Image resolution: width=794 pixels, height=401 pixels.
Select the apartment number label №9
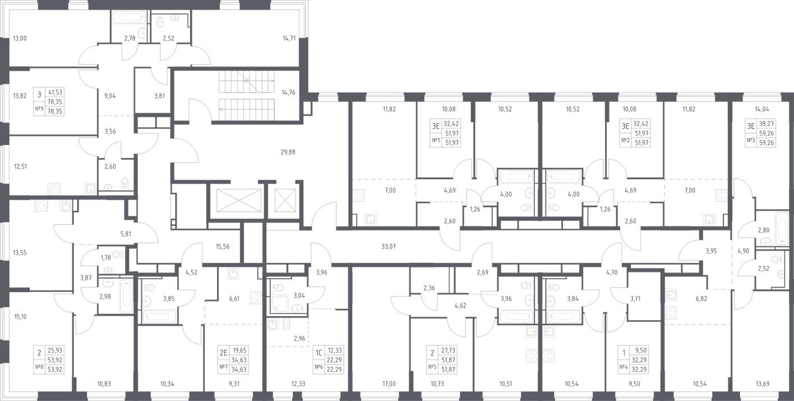39,111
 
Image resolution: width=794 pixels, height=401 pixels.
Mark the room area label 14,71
289,39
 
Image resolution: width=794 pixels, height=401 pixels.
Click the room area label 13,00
20,39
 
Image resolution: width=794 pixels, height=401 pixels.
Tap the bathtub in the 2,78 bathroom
130,17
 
